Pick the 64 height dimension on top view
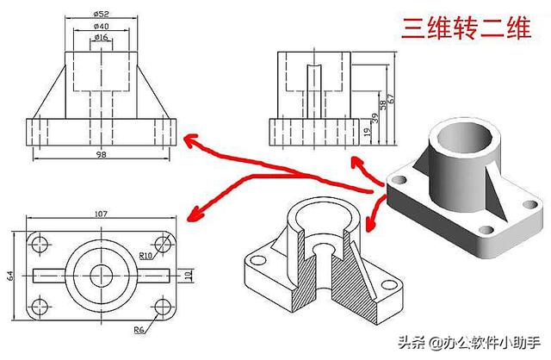10,276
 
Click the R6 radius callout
139,330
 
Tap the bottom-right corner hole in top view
162,307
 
